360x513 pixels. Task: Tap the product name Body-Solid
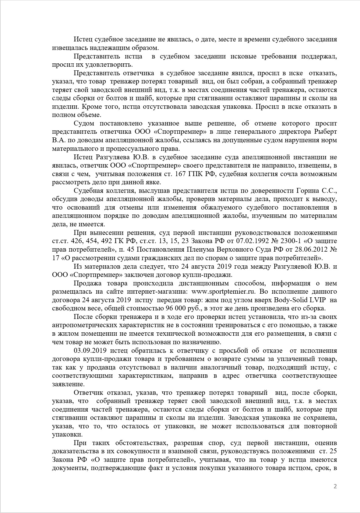pos(291,300)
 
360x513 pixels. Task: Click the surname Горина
pos(311,191)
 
